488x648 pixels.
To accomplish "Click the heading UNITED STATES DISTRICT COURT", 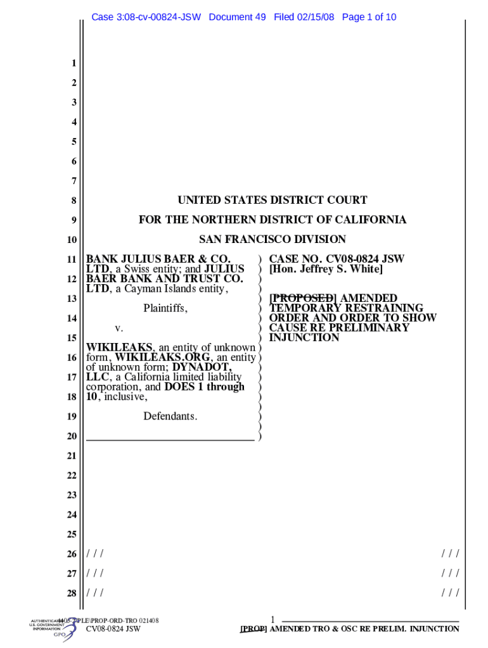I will [272, 201].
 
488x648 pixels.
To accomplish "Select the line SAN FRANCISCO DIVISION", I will [272, 239].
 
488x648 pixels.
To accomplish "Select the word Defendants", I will [170, 416].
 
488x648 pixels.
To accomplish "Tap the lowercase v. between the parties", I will [119, 328].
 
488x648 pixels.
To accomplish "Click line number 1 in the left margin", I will [74, 63].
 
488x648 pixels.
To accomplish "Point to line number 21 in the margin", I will [72, 456].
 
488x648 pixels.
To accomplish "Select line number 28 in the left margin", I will [72, 593].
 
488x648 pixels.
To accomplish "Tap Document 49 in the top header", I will [237, 17].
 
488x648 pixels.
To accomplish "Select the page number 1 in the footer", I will [272, 620].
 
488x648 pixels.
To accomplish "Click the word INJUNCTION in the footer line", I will [434, 629].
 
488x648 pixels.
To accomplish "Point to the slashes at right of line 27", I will [450, 573].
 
